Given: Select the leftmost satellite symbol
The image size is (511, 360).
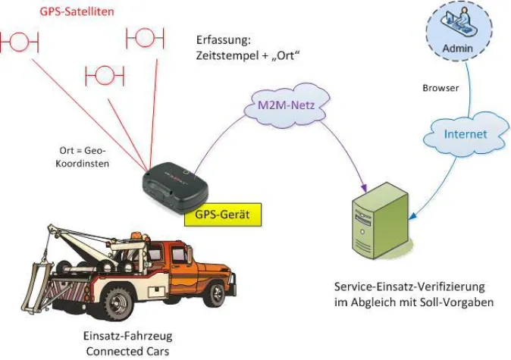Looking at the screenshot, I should pyautogui.click(x=20, y=42).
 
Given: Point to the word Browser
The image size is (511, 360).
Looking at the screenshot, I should pyautogui.click(x=440, y=88).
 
